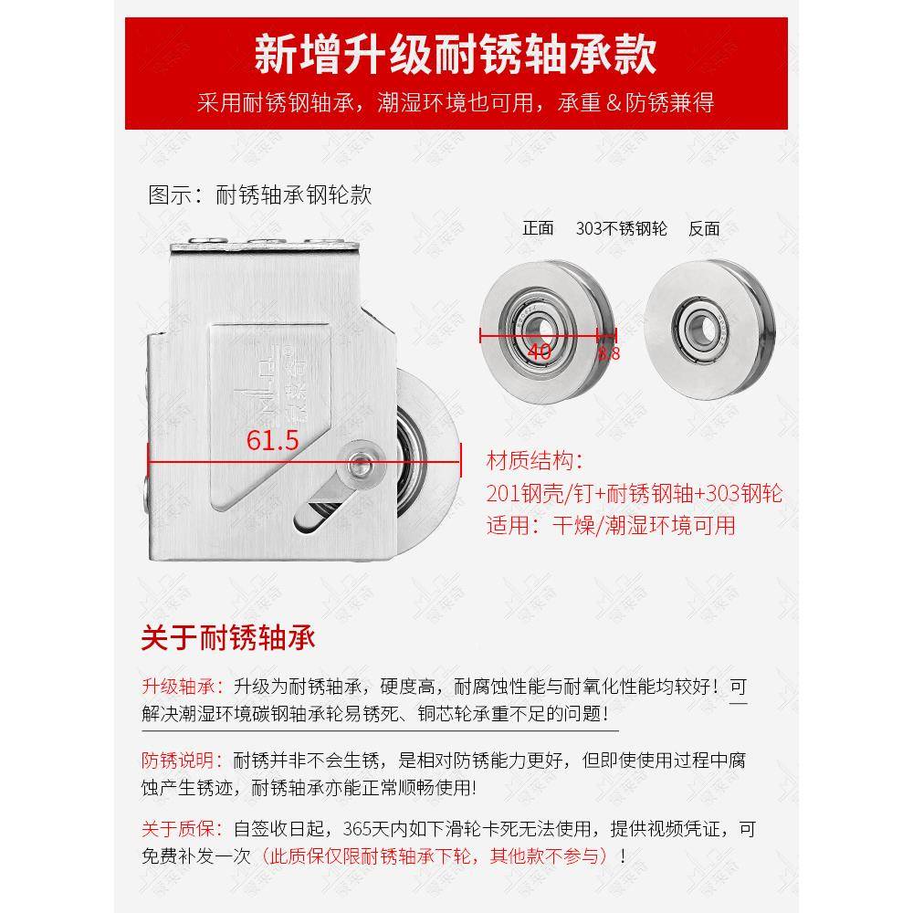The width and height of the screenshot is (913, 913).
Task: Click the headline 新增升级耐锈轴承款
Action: tap(456, 55)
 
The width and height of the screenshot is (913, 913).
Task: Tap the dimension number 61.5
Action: tap(273, 440)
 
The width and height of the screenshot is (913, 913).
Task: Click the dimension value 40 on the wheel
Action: tap(539, 352)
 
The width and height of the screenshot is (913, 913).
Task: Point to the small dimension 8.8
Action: tap(608, 352)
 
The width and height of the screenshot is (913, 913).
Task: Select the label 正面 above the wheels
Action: tap(538, 228)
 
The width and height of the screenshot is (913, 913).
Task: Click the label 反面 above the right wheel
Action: tap(704, 228)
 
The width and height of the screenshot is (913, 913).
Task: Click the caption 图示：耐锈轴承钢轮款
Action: tap(260, 194)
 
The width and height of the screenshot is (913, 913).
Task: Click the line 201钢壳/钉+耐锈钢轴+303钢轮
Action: tap(635, 493)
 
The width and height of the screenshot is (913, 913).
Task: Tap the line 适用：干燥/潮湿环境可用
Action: tap(611, 524)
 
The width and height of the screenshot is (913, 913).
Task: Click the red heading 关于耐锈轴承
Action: tap(228, 636)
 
